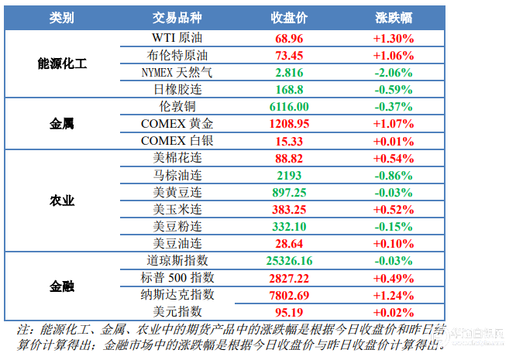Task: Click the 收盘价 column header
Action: click(289, 18)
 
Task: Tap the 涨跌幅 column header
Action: click(394, 18)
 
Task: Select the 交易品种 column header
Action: click(177, 18)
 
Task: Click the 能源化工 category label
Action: click(62, 63)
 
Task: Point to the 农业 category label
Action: click(62, 201)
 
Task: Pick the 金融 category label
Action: click(62, 286)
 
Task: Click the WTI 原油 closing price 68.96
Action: click(289, 39)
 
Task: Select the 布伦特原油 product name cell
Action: click(177, 55)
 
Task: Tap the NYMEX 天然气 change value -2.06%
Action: click(394, 73)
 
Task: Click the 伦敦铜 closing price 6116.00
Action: click(289, 107)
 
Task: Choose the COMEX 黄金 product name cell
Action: click(177, 124)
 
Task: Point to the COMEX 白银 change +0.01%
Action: click(394, 142)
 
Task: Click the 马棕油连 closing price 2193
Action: click(289, 176)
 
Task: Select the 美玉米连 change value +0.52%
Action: click(394, 210)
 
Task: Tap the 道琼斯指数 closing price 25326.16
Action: click(289, 261)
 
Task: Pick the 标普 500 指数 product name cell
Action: click(177, 278)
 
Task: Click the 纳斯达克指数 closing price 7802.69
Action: click(289, 296)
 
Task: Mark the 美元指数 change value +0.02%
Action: click(394, 312)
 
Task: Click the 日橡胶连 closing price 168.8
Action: click(289, 90)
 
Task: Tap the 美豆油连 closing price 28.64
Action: click(289, 244)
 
